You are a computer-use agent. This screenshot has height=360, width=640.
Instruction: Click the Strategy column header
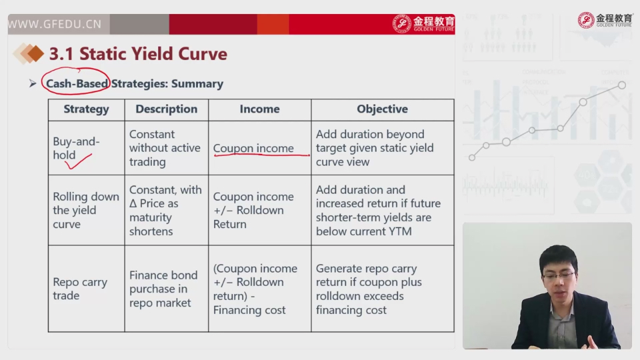click(x=86, y=109)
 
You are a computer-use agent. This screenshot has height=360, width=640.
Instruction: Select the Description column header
click(x=166, y=109)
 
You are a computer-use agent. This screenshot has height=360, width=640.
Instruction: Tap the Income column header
click(x=259, y=109)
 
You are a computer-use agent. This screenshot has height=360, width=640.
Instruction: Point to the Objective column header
click(x=382, y=109)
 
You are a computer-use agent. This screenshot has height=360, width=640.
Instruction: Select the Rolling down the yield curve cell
click(x=86, y=210)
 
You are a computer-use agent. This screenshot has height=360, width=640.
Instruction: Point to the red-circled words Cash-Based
click(x=77, y=84)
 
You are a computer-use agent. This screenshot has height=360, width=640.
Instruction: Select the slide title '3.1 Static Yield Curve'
click(x=138, y=54)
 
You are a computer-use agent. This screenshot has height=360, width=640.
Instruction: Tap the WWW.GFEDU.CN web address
click(x=55, y=24)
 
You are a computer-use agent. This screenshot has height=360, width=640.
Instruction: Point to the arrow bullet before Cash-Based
click(x=33, y=84)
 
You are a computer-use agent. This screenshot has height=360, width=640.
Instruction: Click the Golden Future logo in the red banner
click(x=423, y=24)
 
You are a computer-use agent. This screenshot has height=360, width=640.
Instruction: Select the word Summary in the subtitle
click(x=197, y=84)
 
